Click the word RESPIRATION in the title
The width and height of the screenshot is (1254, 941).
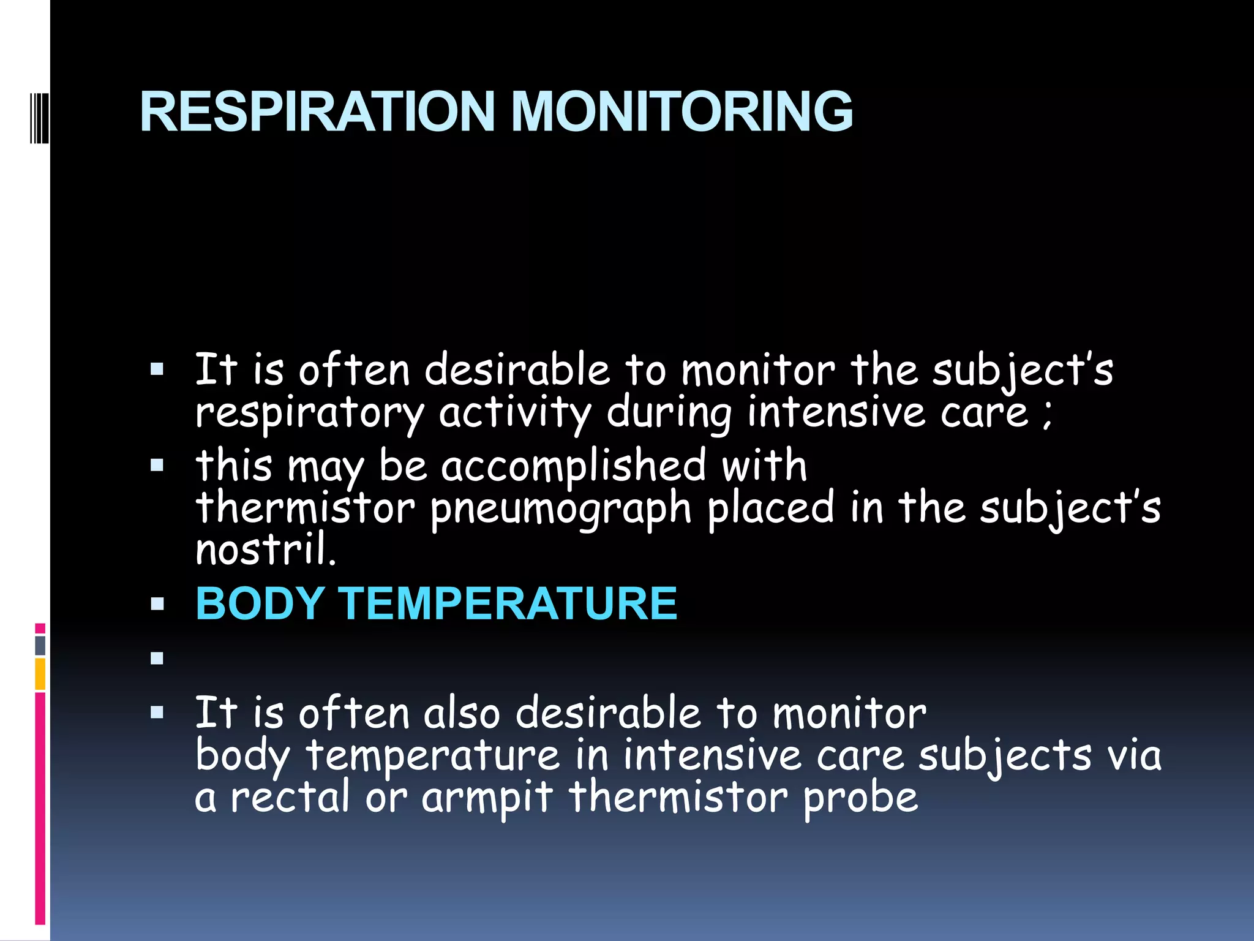click(x=317, y=111)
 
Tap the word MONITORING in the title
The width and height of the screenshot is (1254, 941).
click(x=681, y=111)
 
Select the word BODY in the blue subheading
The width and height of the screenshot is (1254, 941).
click(x=260, y=603)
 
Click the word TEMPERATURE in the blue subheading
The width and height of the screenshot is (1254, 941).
click(x=508, y=603)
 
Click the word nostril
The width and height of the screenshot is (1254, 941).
click(x=266, y=550)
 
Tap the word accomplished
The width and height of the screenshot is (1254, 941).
click(x=574, y=466)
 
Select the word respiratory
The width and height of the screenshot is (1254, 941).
click(x=310, y=414)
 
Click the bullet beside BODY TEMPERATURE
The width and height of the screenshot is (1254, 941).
click(x=157, y=605)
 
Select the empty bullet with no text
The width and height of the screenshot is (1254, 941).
click(x=157, y=659)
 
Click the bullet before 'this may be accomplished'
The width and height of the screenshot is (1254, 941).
click(x=157, y=466)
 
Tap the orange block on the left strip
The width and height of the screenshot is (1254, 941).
click(x=40, y=674)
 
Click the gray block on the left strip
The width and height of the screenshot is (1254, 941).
click(x=40, y=645)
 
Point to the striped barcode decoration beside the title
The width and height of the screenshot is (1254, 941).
click(x=39, y=110)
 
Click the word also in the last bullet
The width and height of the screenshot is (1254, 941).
click(x=462, y=714)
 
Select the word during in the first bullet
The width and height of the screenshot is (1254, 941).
click(x=669, y=414)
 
